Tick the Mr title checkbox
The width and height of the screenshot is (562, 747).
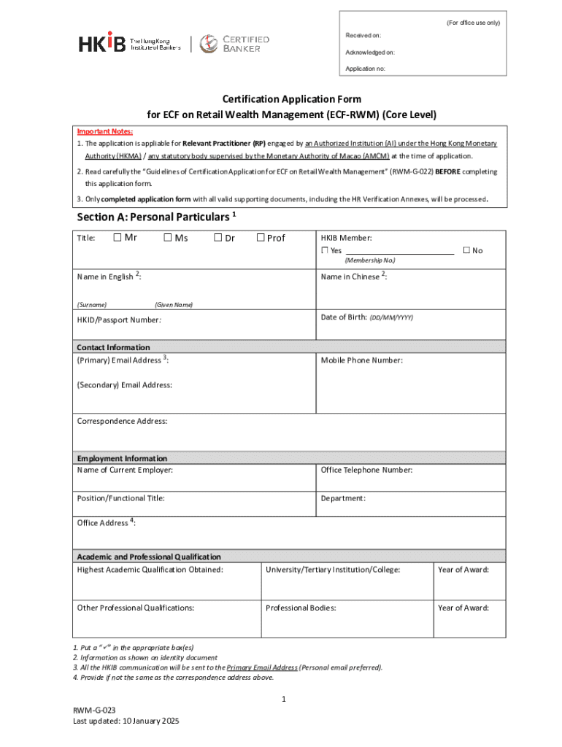pyautogui.click(x=118, y=237)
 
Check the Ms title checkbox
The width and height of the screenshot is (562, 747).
pyautogui.click(x=167, y=237)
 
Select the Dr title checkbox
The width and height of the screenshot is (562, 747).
pyautogui.click(x=218, y=237)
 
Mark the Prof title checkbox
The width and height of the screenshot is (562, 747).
pyautogui.click(x=261, y=237)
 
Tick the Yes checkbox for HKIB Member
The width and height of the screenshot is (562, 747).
pyautogui.click(x=325, y=250)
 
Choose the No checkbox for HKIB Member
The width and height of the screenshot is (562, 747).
pyautogui.click(x=466, y=250)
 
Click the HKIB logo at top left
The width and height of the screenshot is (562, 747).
pyautogui.click(x=102, y=43)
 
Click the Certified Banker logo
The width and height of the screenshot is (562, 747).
pyautogui.click(x=235, y=43)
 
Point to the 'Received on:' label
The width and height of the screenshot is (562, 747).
pyautogui.click(x=363, y=35)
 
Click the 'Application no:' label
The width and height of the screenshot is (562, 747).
pyautogui.click(x=366, y=69)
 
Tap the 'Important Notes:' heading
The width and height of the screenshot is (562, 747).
pyautogui.click(x=105, y=131)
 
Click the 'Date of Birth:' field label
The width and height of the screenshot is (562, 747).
pyautogui.click(x=344, y=317)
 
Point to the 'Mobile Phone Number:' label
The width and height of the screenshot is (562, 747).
pyautogui.click(x=361, y=360)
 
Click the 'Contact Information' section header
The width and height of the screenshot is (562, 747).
pyautogui.click(x=113, y=347)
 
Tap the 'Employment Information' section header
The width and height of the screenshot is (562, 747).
pyautogui.click(x=122, y=458)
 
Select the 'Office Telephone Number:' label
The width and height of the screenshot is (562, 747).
pyautogui.click(x=366, y=470)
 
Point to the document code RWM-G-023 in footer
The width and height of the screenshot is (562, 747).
pyautogui.click(x=94, y=709)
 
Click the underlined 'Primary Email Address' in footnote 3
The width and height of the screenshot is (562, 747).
pyautogui.click(x=262, y=667)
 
